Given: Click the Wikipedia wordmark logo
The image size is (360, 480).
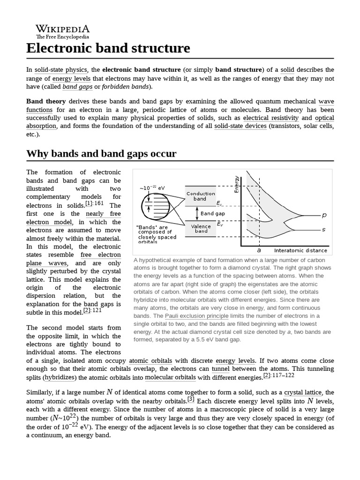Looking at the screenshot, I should pos(62,31).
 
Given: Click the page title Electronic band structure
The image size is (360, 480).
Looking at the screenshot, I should pos(108,48).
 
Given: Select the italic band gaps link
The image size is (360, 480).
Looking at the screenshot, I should pos(77,87).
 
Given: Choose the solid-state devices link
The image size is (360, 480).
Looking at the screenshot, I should pos(240,126).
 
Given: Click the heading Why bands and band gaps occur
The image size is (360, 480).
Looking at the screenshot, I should pos(101,154).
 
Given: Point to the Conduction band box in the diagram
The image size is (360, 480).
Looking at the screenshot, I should pos(201,196).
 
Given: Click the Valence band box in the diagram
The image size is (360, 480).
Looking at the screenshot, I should pos(201,229).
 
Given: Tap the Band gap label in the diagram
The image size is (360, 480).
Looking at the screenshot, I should pos(212,213).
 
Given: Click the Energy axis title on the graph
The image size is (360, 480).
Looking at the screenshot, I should pos(236,184).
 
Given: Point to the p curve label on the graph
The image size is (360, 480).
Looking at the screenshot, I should pos(324,215).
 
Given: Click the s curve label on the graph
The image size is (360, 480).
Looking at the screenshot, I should pos(324,230).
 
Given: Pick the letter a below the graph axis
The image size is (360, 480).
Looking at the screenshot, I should pos(259,250).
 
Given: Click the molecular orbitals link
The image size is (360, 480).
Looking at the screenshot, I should pos(170,377).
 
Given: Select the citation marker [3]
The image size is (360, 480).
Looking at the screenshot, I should pos(191,399).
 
